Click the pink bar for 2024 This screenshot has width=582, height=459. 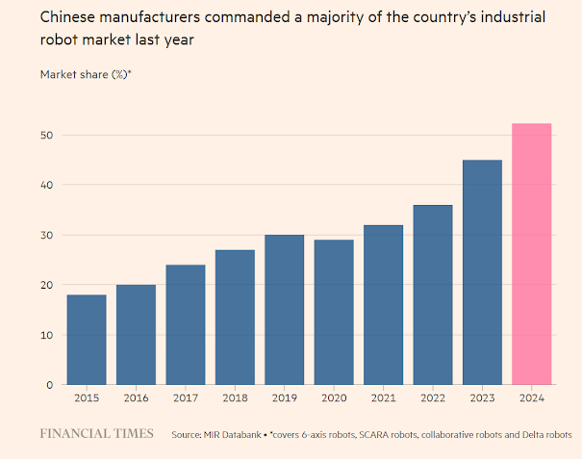point(531,254)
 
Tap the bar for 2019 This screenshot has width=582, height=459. point(284,310)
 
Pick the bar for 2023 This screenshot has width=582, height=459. point(482,272)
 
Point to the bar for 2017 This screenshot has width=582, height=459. point(185,324)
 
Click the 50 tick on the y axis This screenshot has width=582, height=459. point(46,135)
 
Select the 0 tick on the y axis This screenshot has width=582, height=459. point(49,385)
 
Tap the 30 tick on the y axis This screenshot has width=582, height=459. point(46,235)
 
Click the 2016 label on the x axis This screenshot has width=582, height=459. point(135,396)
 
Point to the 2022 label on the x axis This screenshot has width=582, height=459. point(432,396)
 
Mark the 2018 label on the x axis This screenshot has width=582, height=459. point(234,396)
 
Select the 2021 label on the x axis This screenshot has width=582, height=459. point(383,396)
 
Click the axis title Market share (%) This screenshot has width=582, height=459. point(85,74)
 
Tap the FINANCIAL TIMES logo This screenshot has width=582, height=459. point(96,434)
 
